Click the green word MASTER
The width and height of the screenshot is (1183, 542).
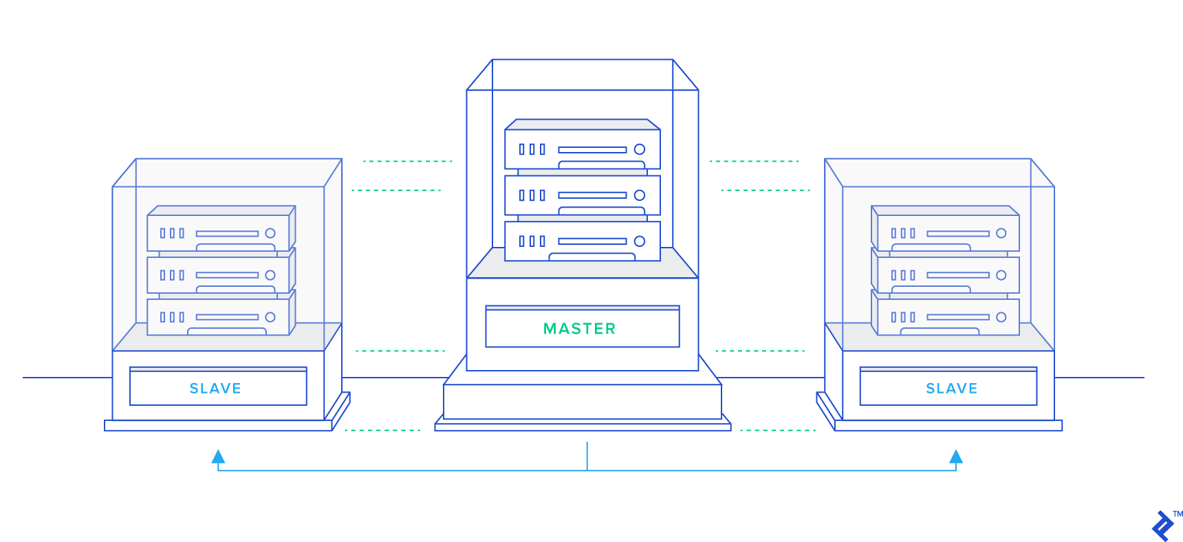coord(579,329)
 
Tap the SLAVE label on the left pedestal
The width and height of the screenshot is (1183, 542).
coord(215,389)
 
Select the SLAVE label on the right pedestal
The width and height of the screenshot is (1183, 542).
coord(951,389)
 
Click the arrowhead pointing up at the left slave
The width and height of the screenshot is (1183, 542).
coord(218,457)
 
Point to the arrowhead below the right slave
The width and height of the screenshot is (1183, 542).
coord(956,457)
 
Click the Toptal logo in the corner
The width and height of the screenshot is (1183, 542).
coord(1163,526)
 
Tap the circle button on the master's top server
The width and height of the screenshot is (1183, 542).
coord(640,149)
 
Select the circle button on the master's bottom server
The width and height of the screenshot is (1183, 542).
coord(640,241)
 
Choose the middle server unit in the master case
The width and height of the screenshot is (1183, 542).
coord(582,195)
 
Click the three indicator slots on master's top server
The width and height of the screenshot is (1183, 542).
coord(532,149)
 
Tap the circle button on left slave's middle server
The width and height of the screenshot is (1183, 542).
coord(270,275)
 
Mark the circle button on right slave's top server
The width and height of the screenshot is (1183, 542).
coord(1001,233)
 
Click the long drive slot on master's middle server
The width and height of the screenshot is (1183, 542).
coord(592,195)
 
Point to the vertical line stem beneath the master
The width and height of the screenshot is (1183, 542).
coord(587,456)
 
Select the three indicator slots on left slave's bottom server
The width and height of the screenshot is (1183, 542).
coord(172,317)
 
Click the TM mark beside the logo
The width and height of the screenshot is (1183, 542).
coord(1177,514)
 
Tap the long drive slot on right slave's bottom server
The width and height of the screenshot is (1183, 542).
coord(957,317)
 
